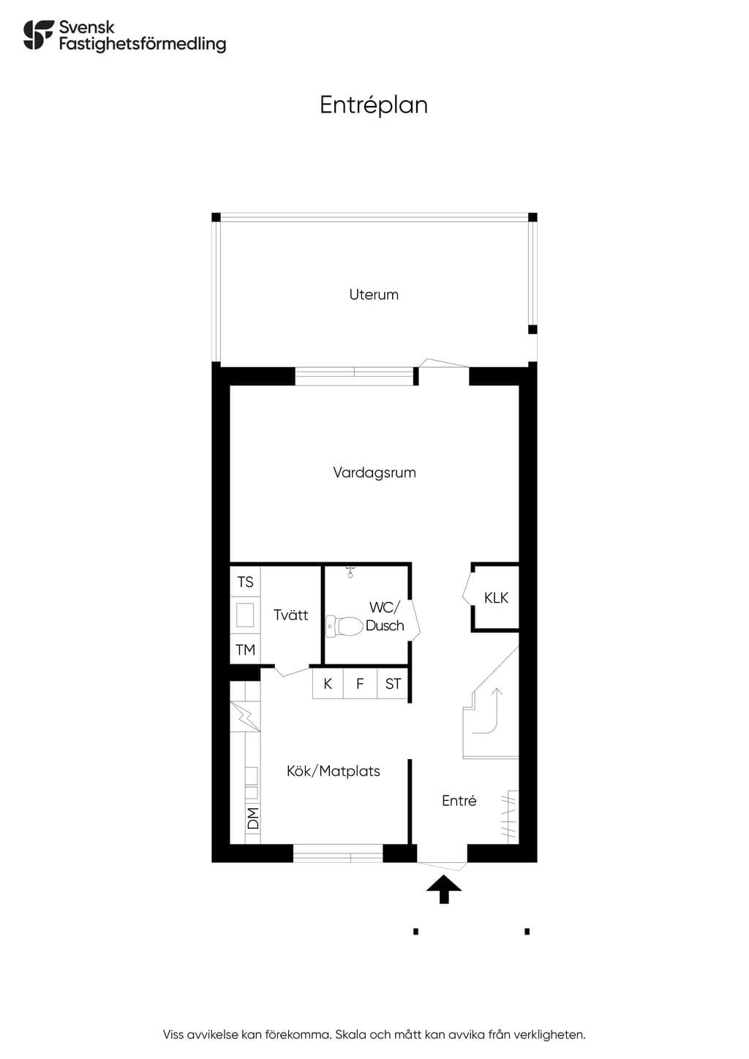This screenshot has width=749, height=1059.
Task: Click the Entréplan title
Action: [x=374, y=105]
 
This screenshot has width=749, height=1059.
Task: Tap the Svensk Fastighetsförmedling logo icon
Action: [x=39, y=34]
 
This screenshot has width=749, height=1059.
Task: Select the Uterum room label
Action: [x=374, y=295]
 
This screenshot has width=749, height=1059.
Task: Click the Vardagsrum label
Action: [x=374, y=472]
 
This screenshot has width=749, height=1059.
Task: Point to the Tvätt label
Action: [x=291, y=614]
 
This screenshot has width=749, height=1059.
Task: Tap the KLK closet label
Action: [x=496, y=598]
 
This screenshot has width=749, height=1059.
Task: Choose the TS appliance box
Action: [x=245, y=581]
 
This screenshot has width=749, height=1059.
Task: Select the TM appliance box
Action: [x=245, y=649]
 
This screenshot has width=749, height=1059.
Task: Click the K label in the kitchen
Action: [x=328, y=684]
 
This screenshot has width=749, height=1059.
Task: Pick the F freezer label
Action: [x=360, y=684]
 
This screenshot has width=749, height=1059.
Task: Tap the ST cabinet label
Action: [x=393, y=684]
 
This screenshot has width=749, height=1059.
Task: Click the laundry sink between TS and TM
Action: [x=245, y=615]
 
